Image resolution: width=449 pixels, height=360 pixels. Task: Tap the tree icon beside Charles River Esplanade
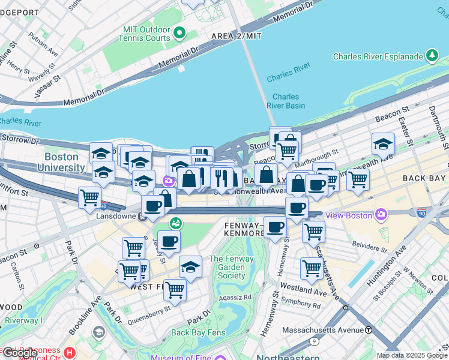[432, 56]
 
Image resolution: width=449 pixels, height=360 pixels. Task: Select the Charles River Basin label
[286, 101]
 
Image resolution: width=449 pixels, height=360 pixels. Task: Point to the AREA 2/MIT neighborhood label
[237, 37]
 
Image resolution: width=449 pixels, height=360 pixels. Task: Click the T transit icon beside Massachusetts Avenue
[368, 330]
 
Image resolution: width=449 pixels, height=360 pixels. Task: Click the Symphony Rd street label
[301, 304]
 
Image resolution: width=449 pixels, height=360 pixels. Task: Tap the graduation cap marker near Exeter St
[383, 144]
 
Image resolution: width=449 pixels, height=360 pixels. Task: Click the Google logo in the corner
[19, 353]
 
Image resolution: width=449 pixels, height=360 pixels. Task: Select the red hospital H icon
[70, 352]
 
